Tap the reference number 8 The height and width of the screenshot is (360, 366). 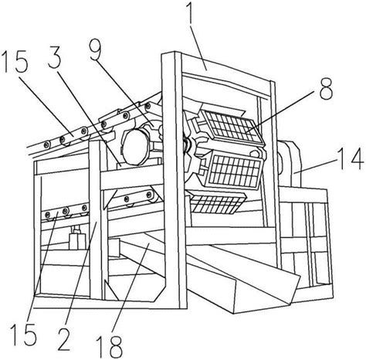[x=326, y=88]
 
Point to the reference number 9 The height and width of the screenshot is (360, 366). [x=97, y=51]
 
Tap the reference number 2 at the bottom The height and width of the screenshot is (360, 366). [x=63, y=338]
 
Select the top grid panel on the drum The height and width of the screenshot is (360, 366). [x=232, y=127]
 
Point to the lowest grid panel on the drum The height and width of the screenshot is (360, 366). [x=218, y=203]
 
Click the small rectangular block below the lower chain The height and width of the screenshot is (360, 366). [x=77, y=242]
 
